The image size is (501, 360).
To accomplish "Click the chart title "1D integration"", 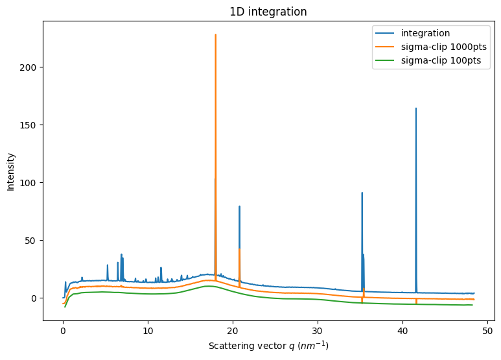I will click(x=268, y=12).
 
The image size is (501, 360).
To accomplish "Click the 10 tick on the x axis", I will click(x=148, y=330).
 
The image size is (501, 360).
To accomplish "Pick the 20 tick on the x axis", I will click(x=233, y=330).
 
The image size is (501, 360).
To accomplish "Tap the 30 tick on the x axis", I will click(x=318, y=330).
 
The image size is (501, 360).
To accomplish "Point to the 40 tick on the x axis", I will click(x=402, y=330).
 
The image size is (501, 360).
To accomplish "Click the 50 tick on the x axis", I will click(x=487, y=330).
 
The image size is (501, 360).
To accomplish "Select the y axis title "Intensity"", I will click(x=11, y=171).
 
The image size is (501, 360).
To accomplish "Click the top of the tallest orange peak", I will click(x=216, y=35).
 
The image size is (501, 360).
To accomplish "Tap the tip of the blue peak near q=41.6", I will click(x=416, y=108).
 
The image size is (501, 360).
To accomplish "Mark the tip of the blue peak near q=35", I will click(x=362, y=193).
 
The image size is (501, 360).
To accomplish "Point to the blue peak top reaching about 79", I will click(x=240, y=207).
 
